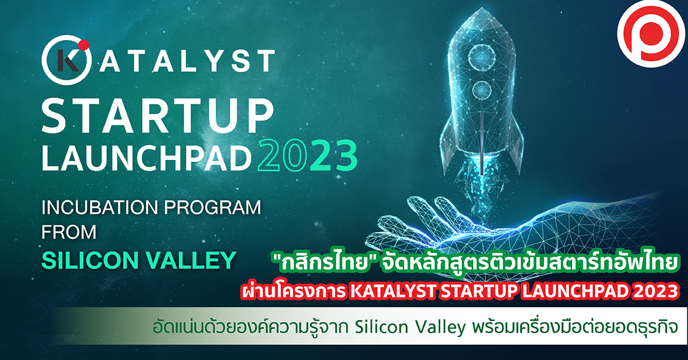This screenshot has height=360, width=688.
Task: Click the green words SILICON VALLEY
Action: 139,260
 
